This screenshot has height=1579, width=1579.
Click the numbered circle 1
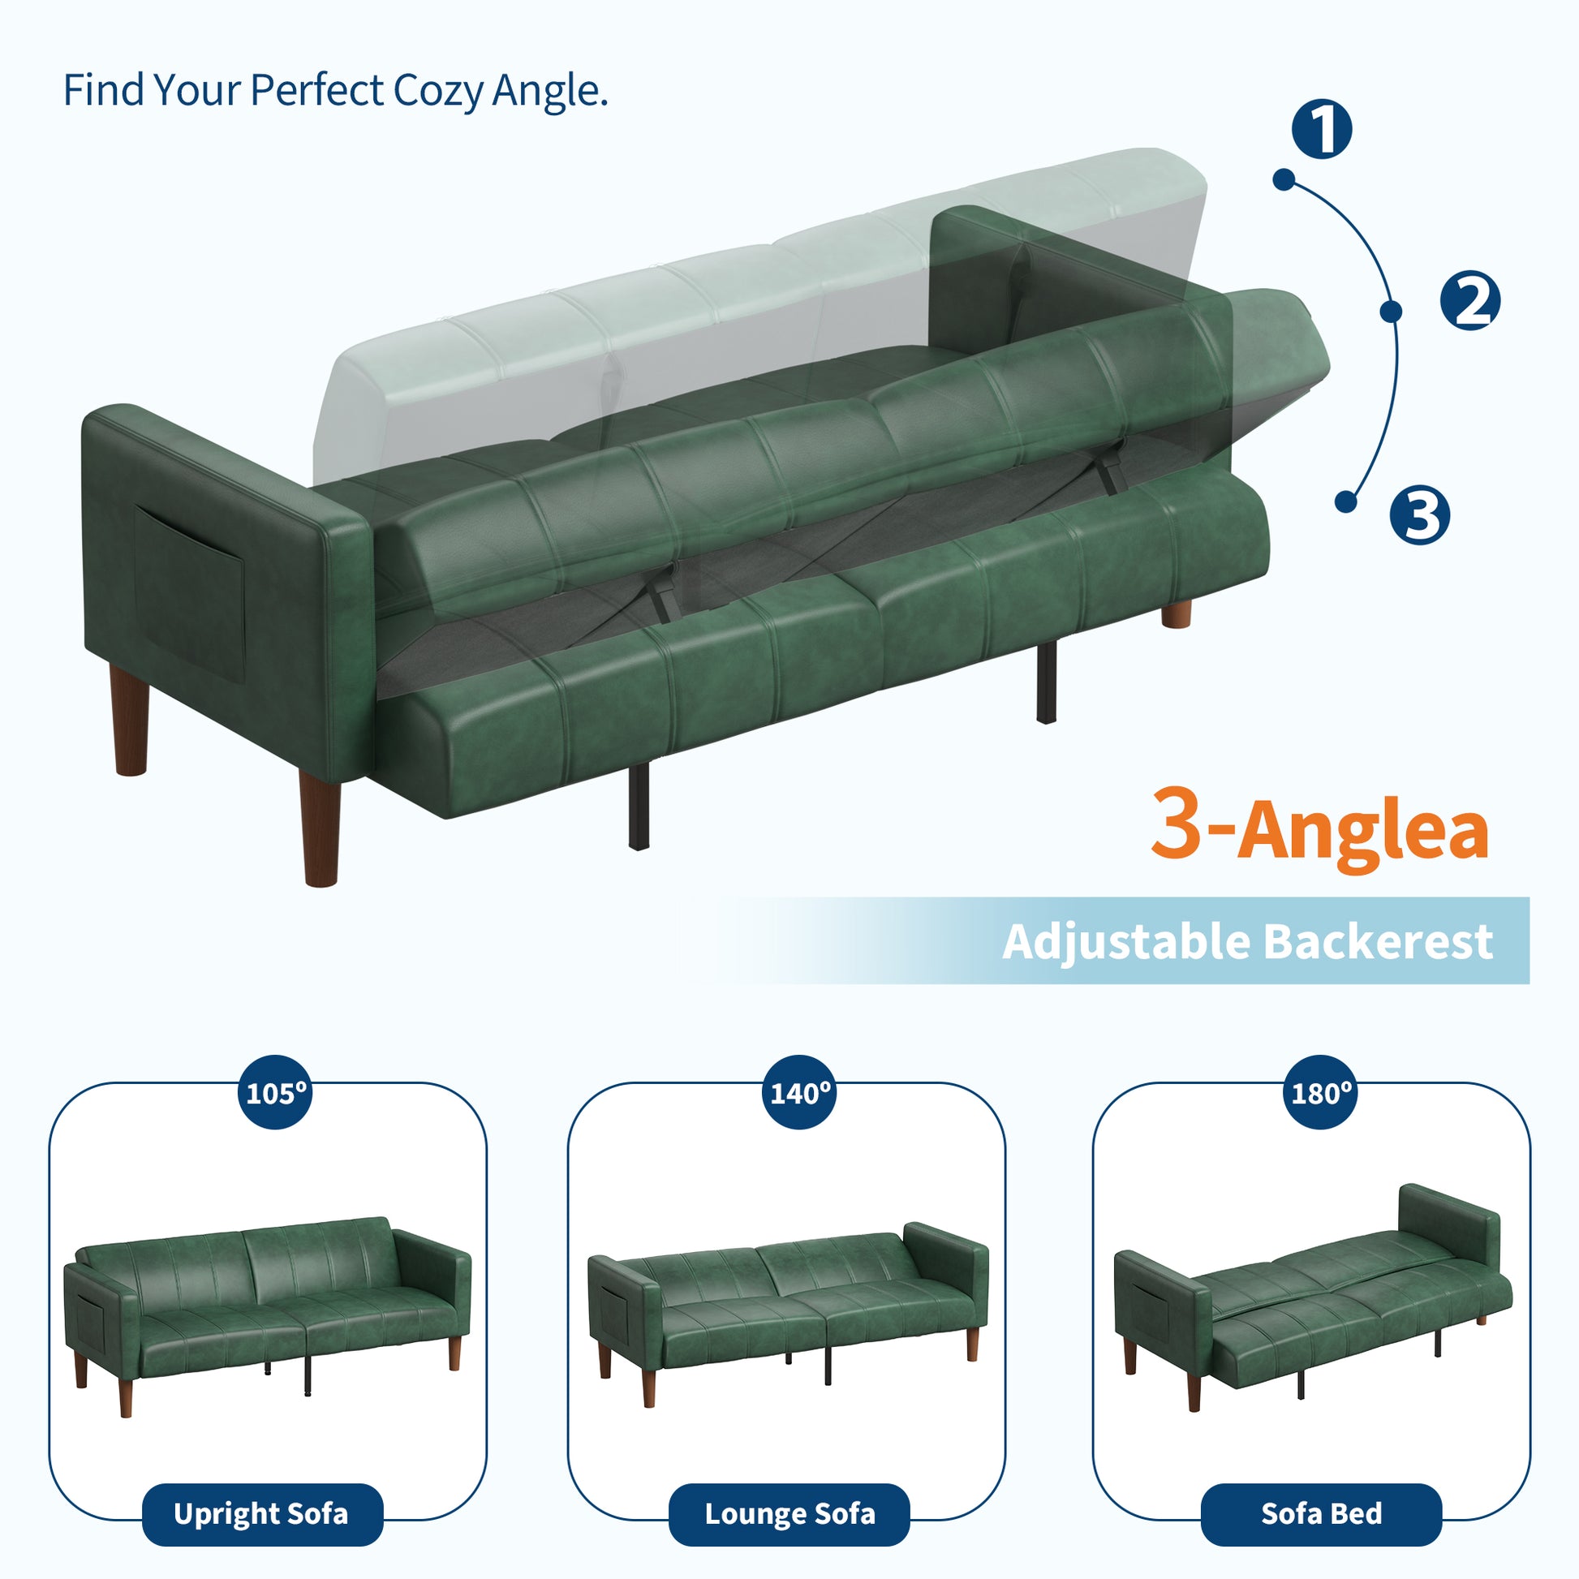[x=1322, y=129]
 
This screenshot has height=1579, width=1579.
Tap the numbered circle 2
[x=1469, y=301]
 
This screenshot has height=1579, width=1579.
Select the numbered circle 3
[x=1420, y=514]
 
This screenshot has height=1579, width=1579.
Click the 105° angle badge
[x=276, y=1092]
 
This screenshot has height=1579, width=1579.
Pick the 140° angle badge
[x=799, y=1092]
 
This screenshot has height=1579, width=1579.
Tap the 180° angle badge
[x=1321, y=1092]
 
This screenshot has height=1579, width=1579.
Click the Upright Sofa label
[x=262, y=1514]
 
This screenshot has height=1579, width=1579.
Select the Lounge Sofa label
[x=789, y=1514]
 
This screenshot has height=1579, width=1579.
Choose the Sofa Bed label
[x=1321, y=1514]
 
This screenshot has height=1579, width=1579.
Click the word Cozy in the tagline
[x=438, y=91]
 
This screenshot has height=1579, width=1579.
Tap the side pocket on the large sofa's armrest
[x=190, y=583]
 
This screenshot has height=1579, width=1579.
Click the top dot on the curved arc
[x=1284, y=180]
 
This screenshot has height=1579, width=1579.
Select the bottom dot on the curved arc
[x=1346, y=501]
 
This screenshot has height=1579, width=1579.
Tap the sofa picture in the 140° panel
[x=789, y=1314]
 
